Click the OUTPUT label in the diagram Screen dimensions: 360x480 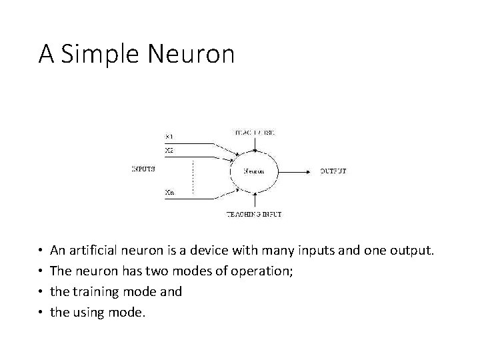(333, 171)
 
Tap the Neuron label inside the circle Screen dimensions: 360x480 (253, 171)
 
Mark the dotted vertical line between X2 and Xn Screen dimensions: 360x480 (193, 176)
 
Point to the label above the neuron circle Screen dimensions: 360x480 (256, 133)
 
